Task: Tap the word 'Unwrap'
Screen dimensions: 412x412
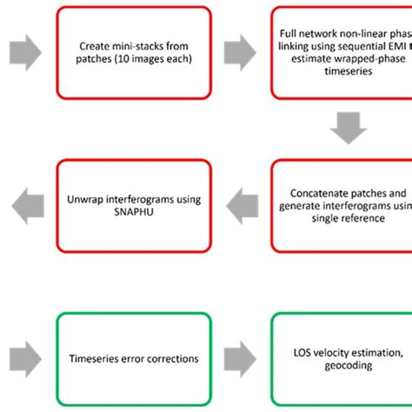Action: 83,199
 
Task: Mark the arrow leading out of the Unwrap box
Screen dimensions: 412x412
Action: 27,205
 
